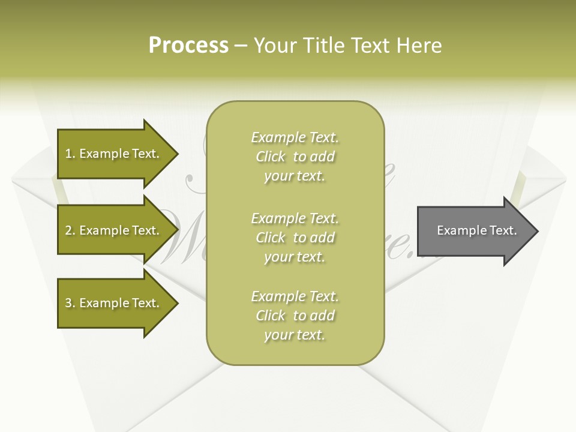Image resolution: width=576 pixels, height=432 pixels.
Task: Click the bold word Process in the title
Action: click(x=188, y=46)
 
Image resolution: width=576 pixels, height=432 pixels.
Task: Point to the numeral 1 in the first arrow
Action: click(x=68, y=154)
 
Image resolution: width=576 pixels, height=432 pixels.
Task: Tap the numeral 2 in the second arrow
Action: click(x=68, y=230)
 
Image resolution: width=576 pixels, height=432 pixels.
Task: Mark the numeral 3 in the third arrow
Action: click(x=68, y=303)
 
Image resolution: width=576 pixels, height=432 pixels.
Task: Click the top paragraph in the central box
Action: click(x=295, y=157)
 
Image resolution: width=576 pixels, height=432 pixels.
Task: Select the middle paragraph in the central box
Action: click(x=295, y=238)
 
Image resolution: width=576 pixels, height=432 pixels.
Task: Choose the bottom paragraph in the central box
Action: click(x=295, y=316)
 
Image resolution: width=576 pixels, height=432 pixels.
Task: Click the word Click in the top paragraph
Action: click(x=271, y=157)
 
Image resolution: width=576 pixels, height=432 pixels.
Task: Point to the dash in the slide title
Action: click(x=241, y=46)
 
